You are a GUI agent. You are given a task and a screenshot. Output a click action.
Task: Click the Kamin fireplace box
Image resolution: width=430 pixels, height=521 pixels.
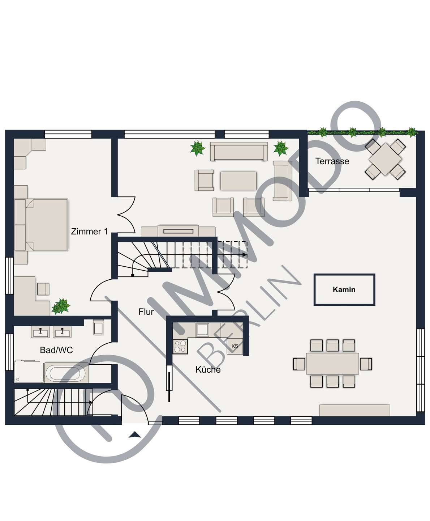pos(344,289)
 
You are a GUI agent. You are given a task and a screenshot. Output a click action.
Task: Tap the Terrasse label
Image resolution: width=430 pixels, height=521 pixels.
pos(332,161)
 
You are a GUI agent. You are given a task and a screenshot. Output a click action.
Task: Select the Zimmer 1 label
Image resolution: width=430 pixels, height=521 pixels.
pos(89,231)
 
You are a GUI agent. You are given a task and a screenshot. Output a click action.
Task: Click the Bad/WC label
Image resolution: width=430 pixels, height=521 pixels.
pos(56,350)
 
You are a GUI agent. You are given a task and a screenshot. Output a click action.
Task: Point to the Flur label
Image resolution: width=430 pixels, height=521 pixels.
pos(146,312)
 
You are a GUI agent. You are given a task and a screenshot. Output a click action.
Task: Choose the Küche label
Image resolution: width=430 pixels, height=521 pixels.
pos(208,369)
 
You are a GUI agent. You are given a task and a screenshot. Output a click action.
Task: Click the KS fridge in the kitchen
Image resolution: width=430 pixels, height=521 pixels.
pos(235,346)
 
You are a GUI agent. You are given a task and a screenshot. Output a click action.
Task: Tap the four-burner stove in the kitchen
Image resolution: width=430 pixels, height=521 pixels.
pos(180,346)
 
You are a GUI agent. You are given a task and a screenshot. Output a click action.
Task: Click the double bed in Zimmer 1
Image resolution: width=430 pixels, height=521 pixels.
pos(41,225)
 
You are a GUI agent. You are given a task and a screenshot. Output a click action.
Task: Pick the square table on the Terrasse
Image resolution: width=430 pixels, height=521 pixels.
pos(385,159)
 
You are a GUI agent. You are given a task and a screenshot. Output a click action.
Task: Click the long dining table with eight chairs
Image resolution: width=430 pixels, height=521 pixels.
pos(332,364)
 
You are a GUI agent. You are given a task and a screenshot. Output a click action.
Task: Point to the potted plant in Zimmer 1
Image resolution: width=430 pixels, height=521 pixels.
pos(61,306)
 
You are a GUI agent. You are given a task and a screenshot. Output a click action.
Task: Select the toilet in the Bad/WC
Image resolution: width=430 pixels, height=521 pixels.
pos(98,327)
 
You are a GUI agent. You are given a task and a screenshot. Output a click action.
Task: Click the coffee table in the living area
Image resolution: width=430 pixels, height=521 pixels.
pos(238,181)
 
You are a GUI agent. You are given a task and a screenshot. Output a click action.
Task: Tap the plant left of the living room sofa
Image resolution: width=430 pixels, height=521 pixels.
pos(198,148)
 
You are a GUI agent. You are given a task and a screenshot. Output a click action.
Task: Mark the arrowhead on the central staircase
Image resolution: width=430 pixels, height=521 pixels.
pos(245,255)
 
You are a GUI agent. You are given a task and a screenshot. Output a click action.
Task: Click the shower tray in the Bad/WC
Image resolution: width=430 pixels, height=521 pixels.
pos(29,372)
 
